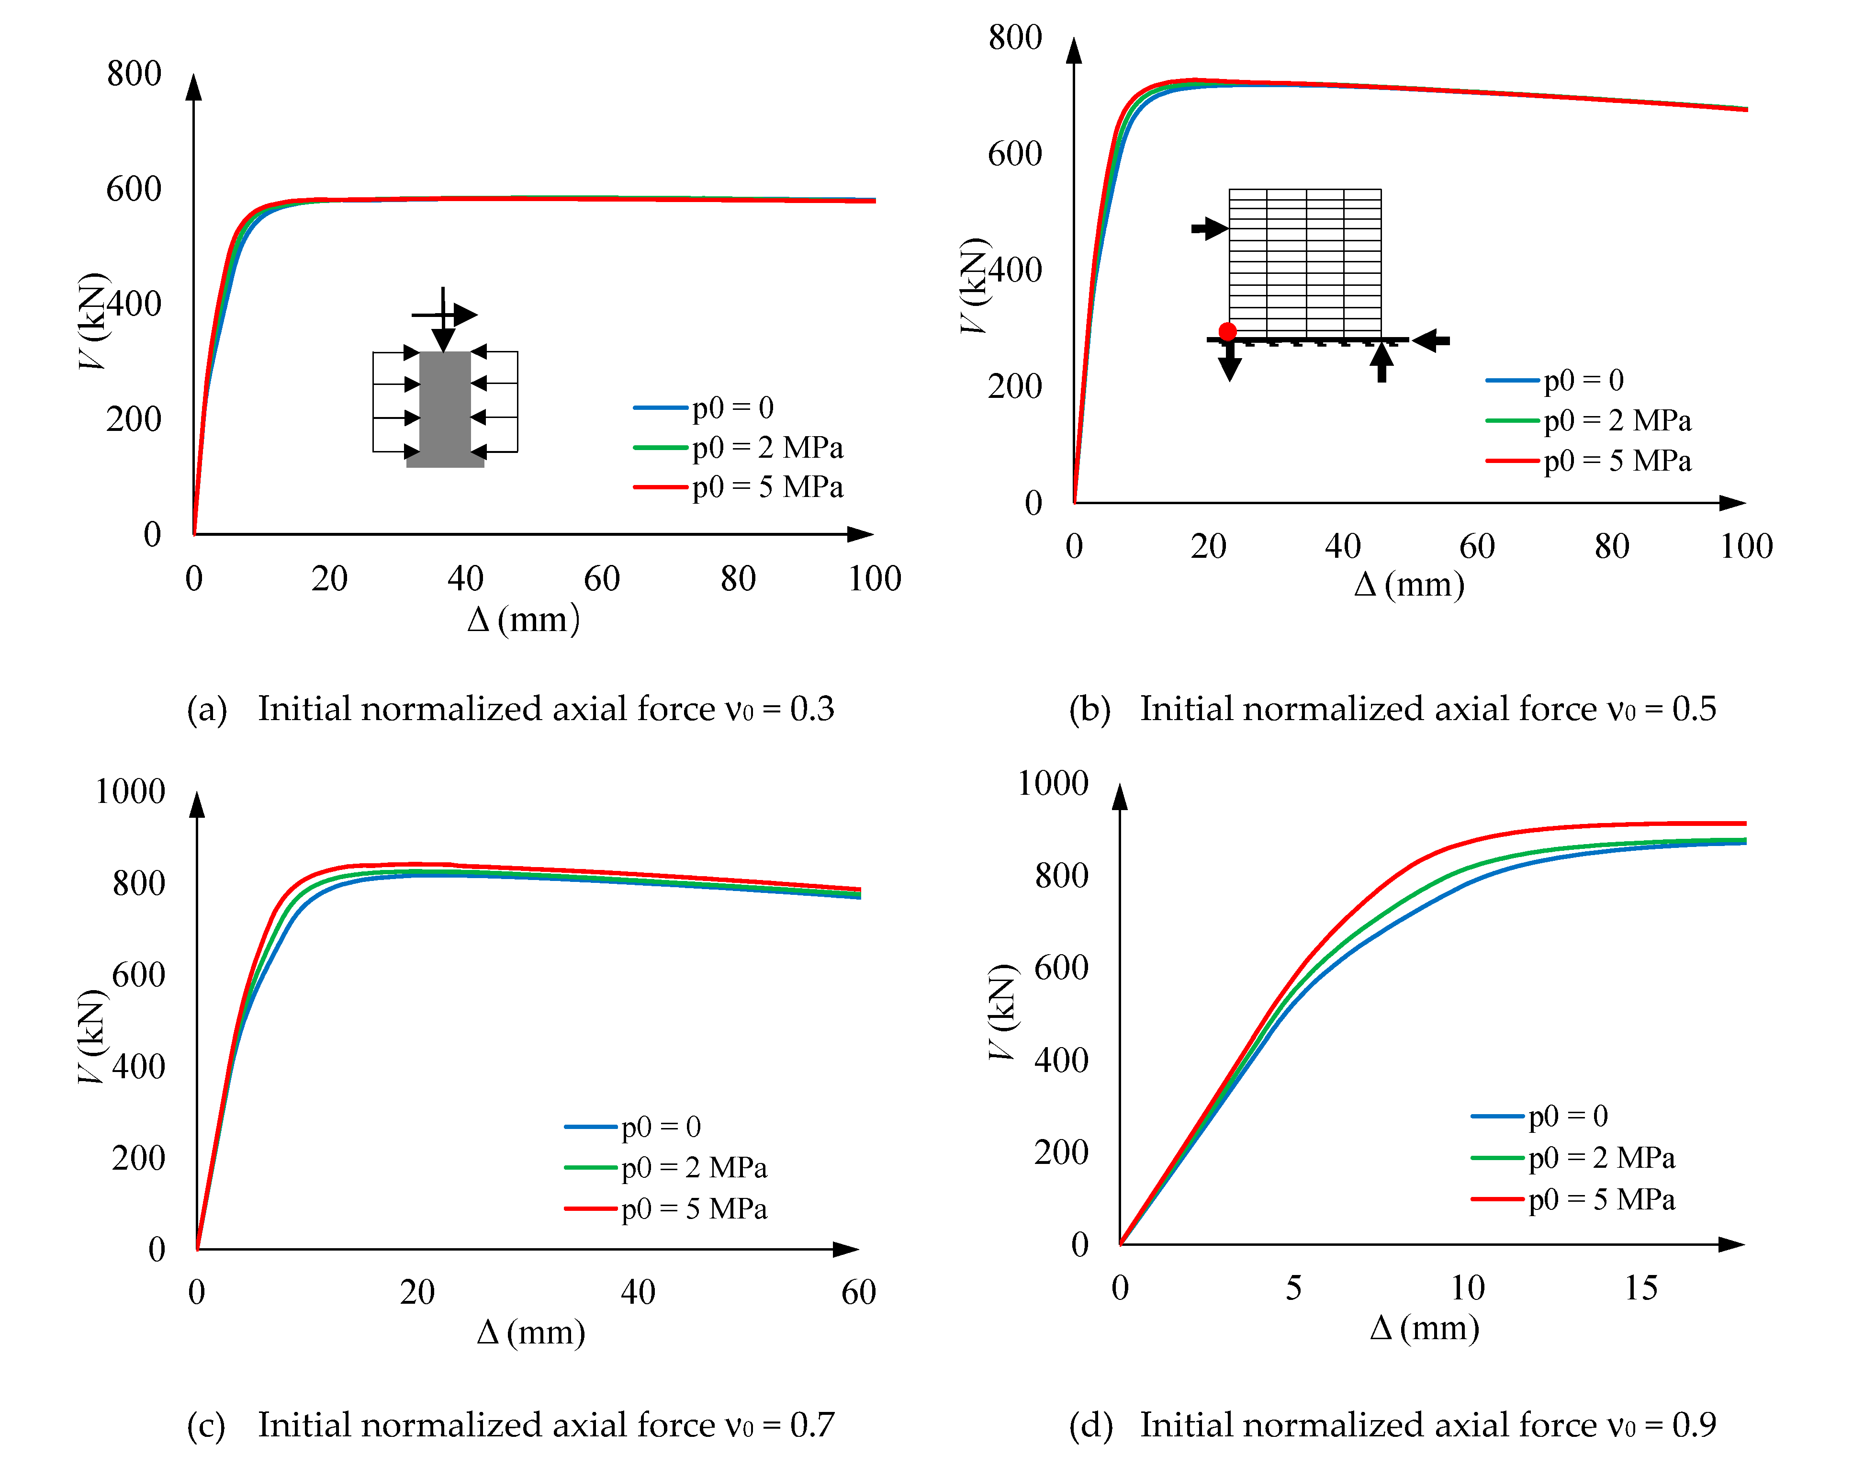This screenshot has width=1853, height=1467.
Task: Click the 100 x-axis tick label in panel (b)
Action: pyautogui.click(x=1746, y=546)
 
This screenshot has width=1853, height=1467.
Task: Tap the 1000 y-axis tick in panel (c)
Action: pyautogui.click(x=130, y=791)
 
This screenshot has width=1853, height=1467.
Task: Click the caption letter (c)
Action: pyautogui.click(x=206, y=1425)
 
